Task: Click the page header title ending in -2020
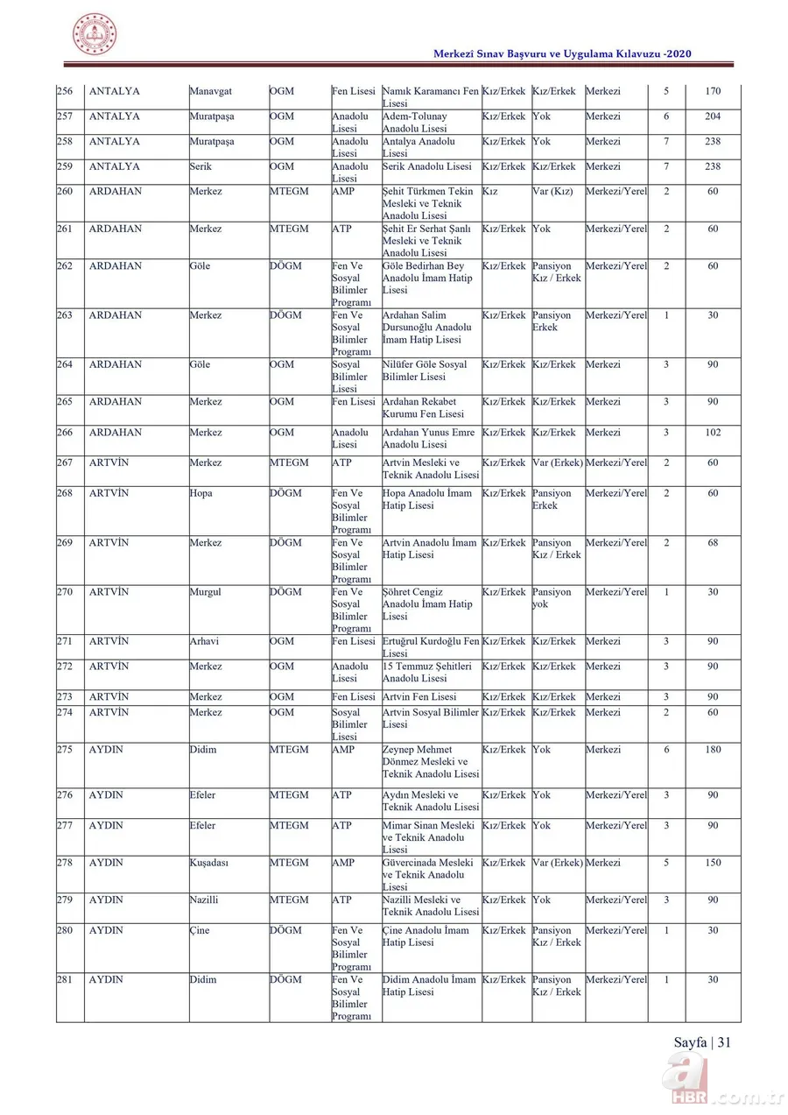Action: click(563, 54)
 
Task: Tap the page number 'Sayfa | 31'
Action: click(702, 1041)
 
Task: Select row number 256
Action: click(65, 91)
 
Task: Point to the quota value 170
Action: click(713, 91)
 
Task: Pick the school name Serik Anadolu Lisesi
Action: click(426, 166)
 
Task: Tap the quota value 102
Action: click(713, 432)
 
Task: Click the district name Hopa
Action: click(201, 493)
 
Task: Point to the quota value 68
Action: click(713, 543)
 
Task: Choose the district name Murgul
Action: click(205, 592)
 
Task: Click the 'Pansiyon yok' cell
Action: click(552, 598)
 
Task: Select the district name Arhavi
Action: click(204, 641)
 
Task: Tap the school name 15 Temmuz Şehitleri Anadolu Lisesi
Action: click(427, 672)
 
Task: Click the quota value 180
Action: click(713, 750)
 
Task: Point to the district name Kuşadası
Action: click(209, 863)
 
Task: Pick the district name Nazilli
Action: click(205, 900)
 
